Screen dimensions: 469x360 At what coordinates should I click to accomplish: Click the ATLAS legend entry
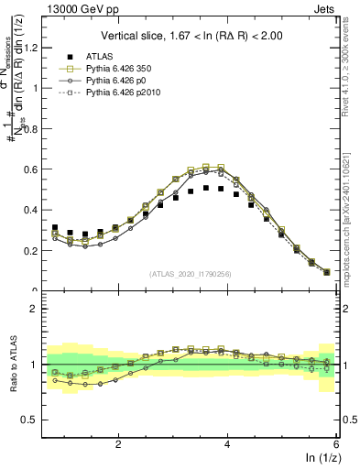98,56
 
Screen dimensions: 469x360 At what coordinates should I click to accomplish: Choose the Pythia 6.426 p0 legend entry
109,82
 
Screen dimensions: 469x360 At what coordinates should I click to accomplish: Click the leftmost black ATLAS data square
55,228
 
